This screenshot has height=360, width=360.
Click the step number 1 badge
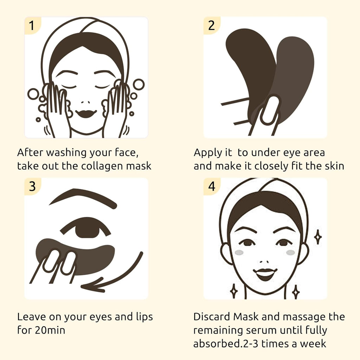[32, 26]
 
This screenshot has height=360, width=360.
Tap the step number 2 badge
[211, 26]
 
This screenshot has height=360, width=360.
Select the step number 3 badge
[32, 187]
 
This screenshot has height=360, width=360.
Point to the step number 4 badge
[211, 187]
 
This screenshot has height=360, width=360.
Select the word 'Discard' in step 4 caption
[212, 317]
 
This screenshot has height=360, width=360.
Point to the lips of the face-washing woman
[85, 113]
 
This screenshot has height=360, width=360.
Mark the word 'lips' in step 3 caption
[144, 317]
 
